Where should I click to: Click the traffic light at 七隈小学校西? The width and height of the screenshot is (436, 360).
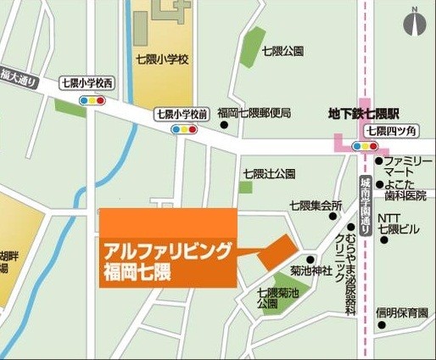(92, 99)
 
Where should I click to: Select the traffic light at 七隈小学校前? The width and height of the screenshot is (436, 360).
(184, 129)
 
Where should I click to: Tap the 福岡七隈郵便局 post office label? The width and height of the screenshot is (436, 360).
(254, 112)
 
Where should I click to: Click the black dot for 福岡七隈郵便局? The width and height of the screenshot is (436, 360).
(224, 126)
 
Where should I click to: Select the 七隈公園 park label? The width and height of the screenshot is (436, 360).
(282, 50)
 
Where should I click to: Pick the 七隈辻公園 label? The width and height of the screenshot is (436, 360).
(270, 173)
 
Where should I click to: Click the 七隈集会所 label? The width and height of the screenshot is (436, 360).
(316, 205)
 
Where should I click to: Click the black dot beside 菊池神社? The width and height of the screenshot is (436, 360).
(310, 259)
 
